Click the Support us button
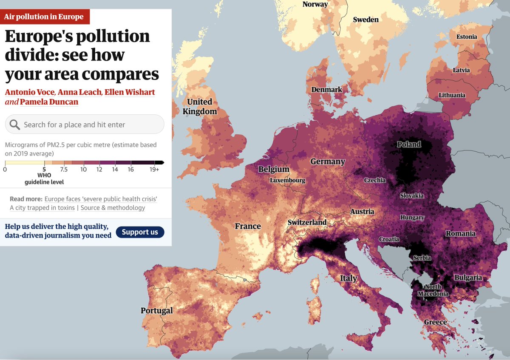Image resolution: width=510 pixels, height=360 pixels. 139,232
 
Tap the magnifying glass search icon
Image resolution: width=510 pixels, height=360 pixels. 14,125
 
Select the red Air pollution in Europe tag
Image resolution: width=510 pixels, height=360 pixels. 44,17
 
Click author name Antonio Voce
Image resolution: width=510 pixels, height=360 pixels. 30,92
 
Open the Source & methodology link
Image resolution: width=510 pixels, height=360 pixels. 113,208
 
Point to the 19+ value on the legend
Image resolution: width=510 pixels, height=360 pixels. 154,170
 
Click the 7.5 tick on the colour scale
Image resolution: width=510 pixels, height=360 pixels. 64,170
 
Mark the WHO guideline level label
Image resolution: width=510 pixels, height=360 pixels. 44,179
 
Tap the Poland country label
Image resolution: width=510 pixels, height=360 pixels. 409,145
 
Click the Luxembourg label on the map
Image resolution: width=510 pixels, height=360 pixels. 287,180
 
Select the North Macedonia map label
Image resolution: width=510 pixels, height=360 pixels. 433,290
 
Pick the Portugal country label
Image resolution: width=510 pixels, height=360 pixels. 157,311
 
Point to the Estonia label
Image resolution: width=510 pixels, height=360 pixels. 467,37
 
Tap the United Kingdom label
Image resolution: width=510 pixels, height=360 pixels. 200,107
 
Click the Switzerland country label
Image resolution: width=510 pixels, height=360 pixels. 307,222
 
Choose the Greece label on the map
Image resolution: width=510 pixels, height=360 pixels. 435,322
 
